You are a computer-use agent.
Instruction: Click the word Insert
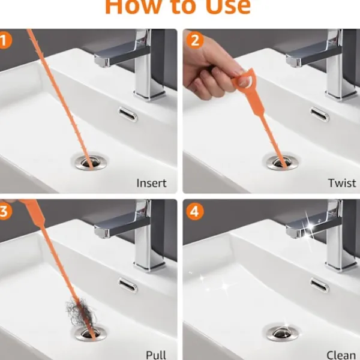(x=152, y=183)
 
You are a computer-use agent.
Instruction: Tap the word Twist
(x=342, y=183)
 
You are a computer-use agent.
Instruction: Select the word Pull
(x=156, y=355)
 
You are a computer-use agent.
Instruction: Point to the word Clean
(x=341, y=355)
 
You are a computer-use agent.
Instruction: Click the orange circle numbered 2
(x=195, y=40)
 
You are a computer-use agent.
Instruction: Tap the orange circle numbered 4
(x=195, y=211)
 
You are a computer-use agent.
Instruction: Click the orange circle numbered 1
(x=4, y=40)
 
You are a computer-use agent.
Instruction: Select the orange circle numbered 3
(x=4, y=211)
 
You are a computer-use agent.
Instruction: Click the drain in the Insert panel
(x=91, y=163)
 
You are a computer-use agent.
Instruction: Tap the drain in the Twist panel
(x=283, y=163)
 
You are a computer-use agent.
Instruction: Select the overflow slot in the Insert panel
(x=128, y=115)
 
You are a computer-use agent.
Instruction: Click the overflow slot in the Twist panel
(x=320, y=115)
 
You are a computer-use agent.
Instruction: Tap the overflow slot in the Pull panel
(x=128, y=285)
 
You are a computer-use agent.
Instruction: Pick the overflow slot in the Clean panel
(x=320, y=285)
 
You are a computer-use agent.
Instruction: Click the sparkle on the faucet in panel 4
(x=310, y=227)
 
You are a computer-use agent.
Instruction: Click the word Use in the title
(x=228, y=7)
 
